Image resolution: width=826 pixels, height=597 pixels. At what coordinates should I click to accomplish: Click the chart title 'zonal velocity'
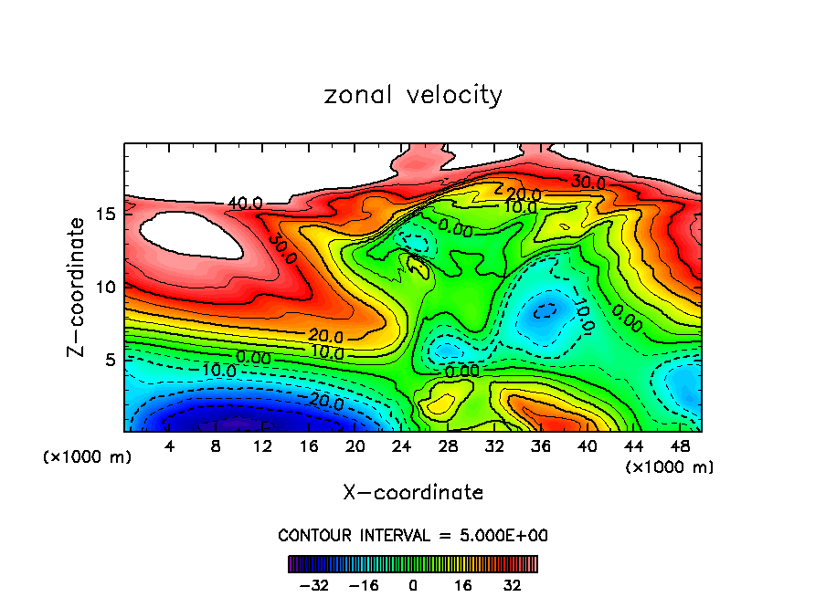[x=413, y=96]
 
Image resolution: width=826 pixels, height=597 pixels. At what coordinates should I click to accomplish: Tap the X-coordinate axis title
[x=413, y=493]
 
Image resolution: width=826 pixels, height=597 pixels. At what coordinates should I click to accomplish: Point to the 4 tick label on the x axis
[x=169, y=446]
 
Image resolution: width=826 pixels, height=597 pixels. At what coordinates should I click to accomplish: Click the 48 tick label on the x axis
[x=679, y=446]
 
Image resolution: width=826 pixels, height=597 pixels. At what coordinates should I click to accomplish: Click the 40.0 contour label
[x=245, y=203]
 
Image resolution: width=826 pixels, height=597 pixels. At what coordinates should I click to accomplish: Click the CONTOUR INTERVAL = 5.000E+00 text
[x=413, y=535]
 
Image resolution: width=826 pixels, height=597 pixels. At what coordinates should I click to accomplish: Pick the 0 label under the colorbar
[x=413, y=584]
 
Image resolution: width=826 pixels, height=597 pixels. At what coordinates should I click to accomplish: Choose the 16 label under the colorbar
[x=461, y=584]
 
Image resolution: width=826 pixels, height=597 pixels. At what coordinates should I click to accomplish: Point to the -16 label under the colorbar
[x=365, y=584]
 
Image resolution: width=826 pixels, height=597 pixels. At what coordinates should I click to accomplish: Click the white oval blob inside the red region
[x=191, y=235]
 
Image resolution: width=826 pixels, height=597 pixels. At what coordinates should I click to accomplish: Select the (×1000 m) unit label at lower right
[x=670, y=467]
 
